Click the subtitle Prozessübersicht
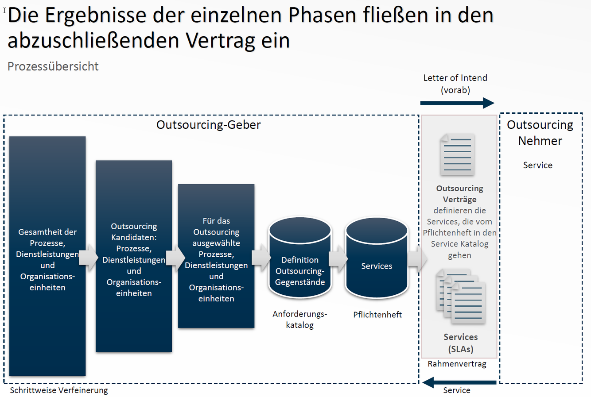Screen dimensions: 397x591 tap(53, 66)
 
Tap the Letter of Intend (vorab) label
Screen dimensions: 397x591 tap(455, 84)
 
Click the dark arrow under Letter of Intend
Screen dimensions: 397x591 tap(457, 103)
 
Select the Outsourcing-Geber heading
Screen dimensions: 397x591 tap(208, 125)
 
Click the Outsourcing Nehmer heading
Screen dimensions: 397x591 tap(540, 133)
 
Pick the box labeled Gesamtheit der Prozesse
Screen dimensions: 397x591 tap(47, 256)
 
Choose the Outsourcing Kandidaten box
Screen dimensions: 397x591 tap(134, 256)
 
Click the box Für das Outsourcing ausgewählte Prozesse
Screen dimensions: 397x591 tap(216, 256)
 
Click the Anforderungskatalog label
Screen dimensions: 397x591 tap(299, 320)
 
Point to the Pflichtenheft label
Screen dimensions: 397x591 tap(377, 315)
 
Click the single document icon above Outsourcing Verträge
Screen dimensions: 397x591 tap(458, 154)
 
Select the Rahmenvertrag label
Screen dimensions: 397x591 tap(457, 364)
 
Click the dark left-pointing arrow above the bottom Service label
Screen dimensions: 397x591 tap(459, 382)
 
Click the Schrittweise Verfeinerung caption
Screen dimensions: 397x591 tap(59, 390)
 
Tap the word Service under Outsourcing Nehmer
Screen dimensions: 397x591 tap(537, 165)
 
